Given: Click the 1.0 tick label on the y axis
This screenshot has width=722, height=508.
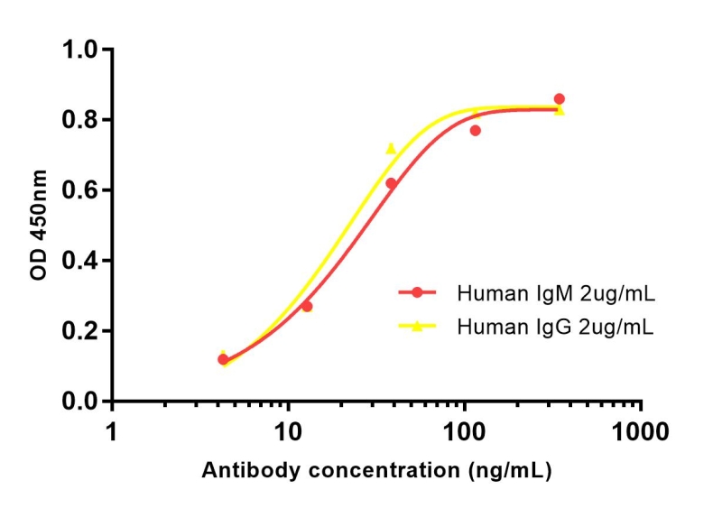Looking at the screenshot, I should point(80,50).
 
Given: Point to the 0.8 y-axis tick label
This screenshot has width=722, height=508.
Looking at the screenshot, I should point(80,120).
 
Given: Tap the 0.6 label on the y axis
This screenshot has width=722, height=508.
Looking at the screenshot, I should point(80,190).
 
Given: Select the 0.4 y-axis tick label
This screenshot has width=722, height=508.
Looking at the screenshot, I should point(80,261).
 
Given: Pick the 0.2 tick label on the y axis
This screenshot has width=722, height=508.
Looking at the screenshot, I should point(80,331).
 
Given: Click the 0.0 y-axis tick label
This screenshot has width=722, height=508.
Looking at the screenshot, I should point(80,402).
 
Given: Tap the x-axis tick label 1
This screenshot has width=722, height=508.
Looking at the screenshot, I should point(112,431).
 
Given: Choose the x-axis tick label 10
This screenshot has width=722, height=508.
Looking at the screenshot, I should point(289,431).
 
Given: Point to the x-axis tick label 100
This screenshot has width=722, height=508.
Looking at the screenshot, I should point(465,431).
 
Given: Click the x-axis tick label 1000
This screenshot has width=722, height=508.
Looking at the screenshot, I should point(641,431).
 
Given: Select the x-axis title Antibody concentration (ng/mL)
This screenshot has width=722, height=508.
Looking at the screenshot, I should point(376,471).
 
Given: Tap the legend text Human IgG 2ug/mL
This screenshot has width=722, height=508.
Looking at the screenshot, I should point(556,326).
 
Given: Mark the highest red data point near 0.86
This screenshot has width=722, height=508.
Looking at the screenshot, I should point(560,99).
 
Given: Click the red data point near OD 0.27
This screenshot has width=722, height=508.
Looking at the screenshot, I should point(307,307).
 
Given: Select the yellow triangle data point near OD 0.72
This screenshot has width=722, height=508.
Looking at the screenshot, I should point(391,148).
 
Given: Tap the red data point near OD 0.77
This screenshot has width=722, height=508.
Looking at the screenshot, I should point(476,131).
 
